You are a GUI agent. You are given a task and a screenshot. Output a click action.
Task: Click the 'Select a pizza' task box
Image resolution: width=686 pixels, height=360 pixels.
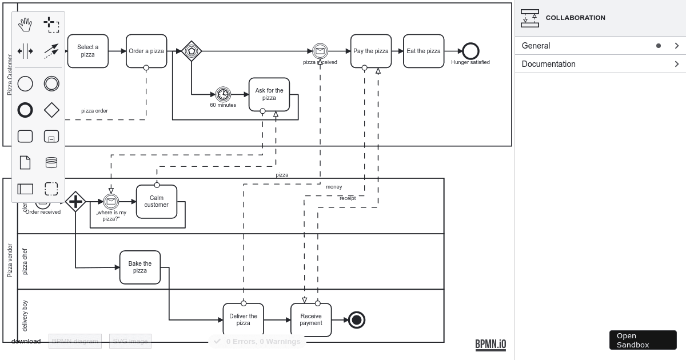pyautogui.click(x=87, y=51)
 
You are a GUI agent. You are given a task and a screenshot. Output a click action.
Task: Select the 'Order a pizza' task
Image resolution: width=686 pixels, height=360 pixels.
pyautogui.click(x=146, y=51)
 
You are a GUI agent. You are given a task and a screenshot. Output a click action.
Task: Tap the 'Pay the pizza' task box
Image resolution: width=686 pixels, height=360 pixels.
pyautogui.click(x=371, y=51)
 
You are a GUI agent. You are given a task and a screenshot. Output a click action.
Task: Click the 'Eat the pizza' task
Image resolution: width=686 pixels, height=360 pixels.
pyautogui.click(x=424, y=51)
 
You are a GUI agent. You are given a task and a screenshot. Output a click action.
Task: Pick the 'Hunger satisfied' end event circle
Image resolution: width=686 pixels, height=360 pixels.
pyautogui.click(x=470, y=51)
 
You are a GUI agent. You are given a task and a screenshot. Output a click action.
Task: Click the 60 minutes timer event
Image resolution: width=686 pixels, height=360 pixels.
pyautogui.click(x=223, y=94)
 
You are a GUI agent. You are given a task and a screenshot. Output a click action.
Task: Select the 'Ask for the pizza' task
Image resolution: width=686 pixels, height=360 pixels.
pyautogui.click(x=269, y=94)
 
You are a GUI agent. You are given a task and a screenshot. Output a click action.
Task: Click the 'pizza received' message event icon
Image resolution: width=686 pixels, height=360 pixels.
pyautogui.click(x=320, y=51)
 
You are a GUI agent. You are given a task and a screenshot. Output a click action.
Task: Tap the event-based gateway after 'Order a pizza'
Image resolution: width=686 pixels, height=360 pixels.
pyautogui.click(x=192, y=51)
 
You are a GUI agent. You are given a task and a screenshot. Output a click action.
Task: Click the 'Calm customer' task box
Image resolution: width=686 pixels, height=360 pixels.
pyautogui.click(x=157, y=201)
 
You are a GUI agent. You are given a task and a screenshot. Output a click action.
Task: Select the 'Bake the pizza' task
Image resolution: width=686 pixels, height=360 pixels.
pyautogui.click(x=140, y=267)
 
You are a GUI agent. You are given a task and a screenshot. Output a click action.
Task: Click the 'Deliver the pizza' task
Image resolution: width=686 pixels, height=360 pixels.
pyautogui.click(x=243, y=319)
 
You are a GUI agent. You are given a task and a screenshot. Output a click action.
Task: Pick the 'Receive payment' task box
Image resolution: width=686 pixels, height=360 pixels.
pyautogui.click(x=311, y=319)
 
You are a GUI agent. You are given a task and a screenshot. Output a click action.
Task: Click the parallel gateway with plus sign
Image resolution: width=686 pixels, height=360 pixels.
pyautogui.click(x=75, y=201)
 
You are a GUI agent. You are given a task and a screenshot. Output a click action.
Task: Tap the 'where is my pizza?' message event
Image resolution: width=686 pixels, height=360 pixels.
pyautogui.click(x=111, y=201)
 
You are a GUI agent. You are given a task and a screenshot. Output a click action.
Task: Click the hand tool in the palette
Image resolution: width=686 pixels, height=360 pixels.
pyautogui.click(x=25, y=25)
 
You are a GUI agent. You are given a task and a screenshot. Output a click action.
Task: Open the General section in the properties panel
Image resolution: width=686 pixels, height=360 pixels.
pyautogui.click(x=600, y=46)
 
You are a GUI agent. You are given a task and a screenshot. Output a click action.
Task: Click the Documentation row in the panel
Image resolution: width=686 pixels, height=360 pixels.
pyautogui.click(x=600, y=64)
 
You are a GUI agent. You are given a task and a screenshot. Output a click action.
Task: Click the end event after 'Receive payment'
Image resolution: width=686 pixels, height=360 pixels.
pyautogui.click(x=357, y=320)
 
